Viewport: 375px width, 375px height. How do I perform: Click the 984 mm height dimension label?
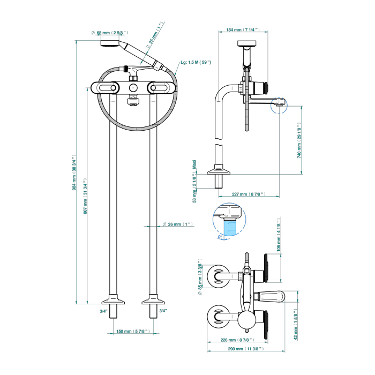75,173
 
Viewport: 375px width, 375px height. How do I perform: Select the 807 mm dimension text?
86,196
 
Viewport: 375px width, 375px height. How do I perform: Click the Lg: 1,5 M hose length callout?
196,63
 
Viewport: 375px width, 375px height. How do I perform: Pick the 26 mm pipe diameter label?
179,224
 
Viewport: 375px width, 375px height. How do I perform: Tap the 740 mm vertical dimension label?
299,140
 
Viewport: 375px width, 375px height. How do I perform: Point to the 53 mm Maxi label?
194,181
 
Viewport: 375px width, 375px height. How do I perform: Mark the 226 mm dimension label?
236,340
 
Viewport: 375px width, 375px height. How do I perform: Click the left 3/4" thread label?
103,311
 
